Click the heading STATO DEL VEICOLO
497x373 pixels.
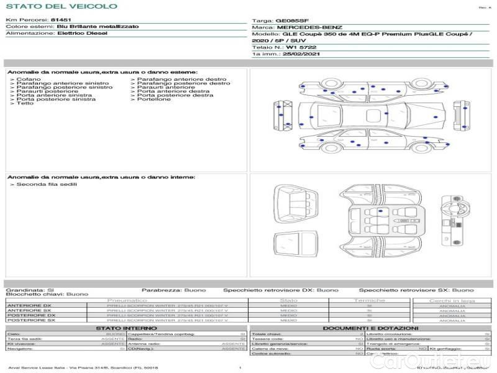click(x=61, y=6)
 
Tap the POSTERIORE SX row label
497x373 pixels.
click(x=29, y=320)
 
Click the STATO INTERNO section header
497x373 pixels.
click(x=122, y=328)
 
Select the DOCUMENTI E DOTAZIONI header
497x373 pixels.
click(x=370, y=328)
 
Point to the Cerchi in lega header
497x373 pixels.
click(x=452, y=300)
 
